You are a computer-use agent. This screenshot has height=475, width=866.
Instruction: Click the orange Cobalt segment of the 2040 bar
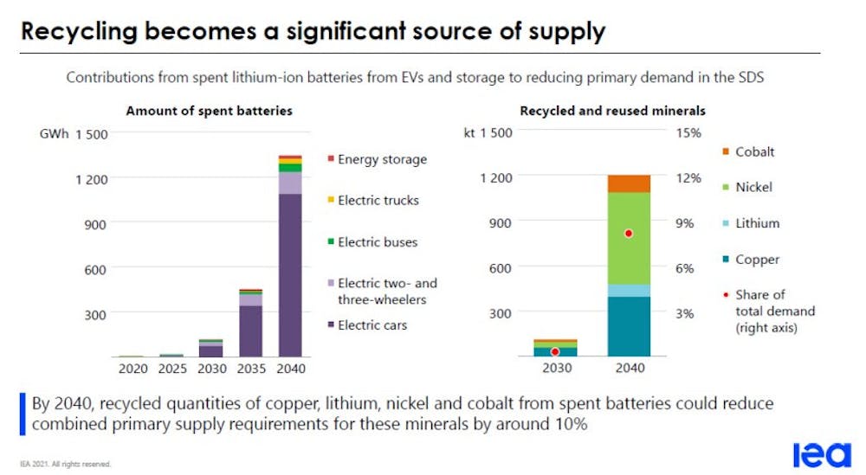coord(629,183)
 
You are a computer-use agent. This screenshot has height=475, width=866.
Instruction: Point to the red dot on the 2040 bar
coord(629,234)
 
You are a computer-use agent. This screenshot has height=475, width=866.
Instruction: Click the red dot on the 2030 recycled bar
coord(555,351)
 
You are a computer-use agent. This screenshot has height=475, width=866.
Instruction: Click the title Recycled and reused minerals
coord(612,111)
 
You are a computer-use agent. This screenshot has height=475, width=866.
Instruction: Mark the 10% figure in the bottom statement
coord(569,424)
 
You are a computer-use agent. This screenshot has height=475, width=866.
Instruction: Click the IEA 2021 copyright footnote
coord(65,464)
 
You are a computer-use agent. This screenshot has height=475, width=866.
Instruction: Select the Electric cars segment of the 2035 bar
coord(251,331)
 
